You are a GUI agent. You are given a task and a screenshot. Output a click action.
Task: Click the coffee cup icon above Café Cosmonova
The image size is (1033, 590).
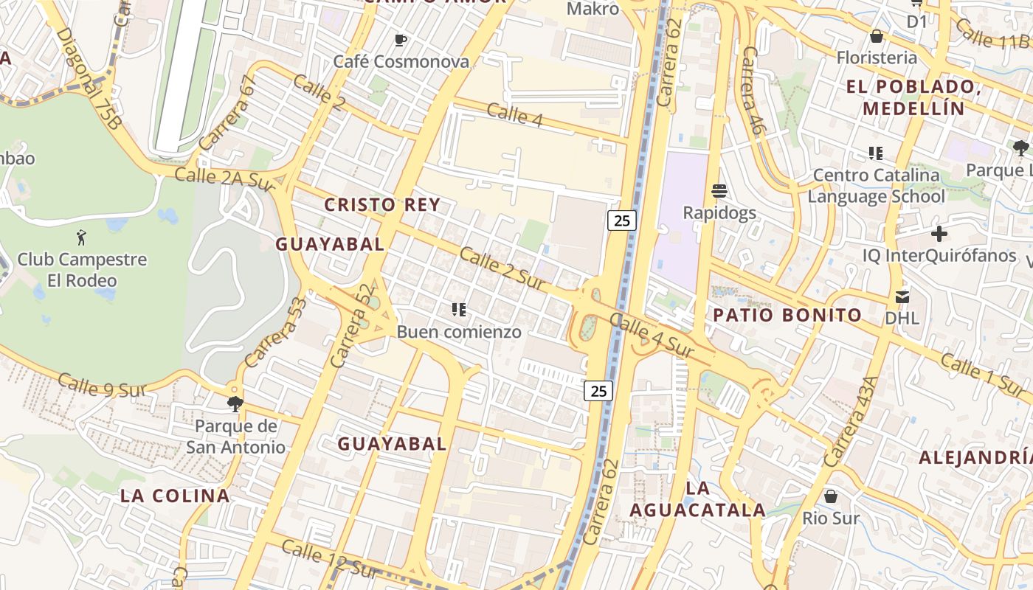pyautogui.click(x=401, y=40)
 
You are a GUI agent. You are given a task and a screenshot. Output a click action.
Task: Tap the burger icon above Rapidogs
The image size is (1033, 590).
pyautogui.click(x=719, y=191)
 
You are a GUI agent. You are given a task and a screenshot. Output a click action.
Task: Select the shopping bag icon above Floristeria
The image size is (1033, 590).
pyautogui.click(x=877, y=36)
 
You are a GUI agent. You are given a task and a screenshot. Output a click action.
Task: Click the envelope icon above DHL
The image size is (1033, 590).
pyautogui.click(x=902, y=296)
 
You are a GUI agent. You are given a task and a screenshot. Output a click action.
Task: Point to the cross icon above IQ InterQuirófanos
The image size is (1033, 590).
pyautogui.click(x=939, y=235)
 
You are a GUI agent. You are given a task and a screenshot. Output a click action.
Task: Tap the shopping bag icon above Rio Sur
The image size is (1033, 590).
pyautogui.click(x=831, y=496)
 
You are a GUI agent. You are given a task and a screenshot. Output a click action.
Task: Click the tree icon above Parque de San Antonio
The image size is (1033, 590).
pyautogui.click(x=235, y=404)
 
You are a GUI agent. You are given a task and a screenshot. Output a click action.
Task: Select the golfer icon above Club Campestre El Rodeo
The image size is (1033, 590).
pyautogui.click(x=82, y=237)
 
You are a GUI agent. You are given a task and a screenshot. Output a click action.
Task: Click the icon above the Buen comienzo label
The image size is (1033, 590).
pyautogui.click(x=459, y=310)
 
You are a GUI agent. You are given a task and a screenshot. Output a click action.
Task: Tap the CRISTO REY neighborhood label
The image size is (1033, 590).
pyautogui.click(x=382, y=205)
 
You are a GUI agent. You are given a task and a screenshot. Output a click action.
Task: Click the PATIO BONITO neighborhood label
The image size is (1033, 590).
pyautogui.click(x=787, y=316)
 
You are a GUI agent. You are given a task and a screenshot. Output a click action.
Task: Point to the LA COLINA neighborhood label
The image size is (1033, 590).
pyautogui.click(x=175, y=496)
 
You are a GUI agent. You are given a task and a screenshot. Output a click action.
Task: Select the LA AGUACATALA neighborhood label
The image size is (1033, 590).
pyautogui.click(x=697, y=499)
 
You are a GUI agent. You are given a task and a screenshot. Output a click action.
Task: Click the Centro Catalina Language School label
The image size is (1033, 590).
pyautogui.click(x=876, y=186)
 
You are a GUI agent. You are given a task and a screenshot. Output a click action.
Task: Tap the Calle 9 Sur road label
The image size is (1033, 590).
pyautogui.click(x=101, y=386)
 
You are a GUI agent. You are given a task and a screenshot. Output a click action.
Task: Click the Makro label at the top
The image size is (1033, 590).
pyautogui.click(x=592, y=9)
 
